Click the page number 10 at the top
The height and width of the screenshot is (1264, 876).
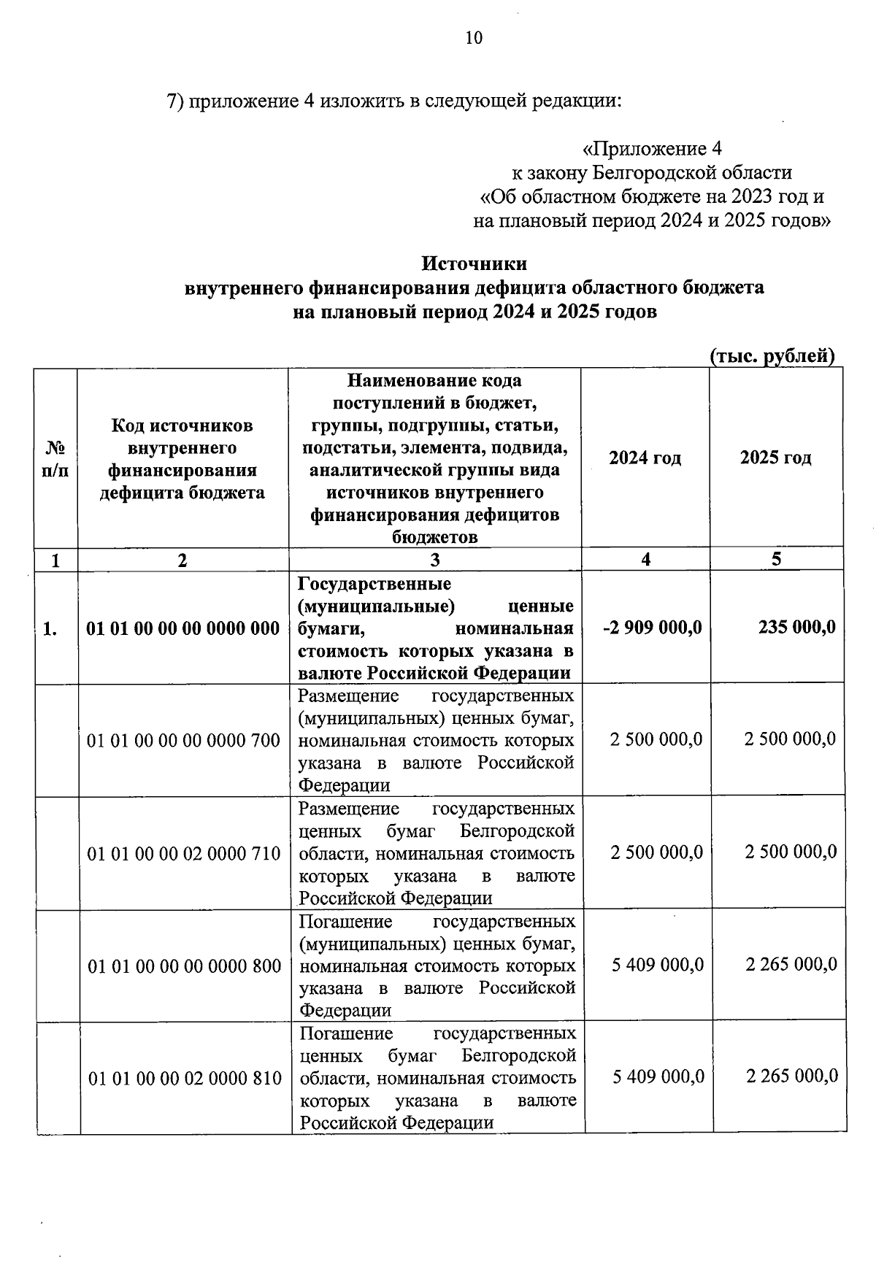(474, 39)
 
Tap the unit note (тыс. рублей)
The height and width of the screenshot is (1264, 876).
(772, 356)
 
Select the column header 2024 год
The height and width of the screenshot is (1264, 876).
(645, 458)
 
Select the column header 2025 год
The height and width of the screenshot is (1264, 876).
(775, 458)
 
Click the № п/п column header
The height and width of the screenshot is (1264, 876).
(55, 458)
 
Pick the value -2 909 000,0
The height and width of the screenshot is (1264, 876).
(653, 627)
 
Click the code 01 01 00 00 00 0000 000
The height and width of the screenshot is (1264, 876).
(183, 628)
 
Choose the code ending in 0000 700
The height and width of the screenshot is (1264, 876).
(183, 741)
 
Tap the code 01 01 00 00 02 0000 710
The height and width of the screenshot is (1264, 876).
(183, 853)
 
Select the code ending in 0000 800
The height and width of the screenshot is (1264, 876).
(184, 966)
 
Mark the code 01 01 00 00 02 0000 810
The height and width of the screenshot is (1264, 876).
(185, 1078)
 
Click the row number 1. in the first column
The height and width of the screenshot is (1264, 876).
(50, 628)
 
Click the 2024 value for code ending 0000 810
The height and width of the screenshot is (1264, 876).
(658, 1076)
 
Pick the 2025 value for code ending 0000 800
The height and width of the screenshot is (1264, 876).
(791, 965)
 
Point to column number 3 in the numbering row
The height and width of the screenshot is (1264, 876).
(435, 560)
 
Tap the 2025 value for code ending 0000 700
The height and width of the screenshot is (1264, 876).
(790, 739)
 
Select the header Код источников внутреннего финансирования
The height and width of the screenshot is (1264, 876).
(182, 458)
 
